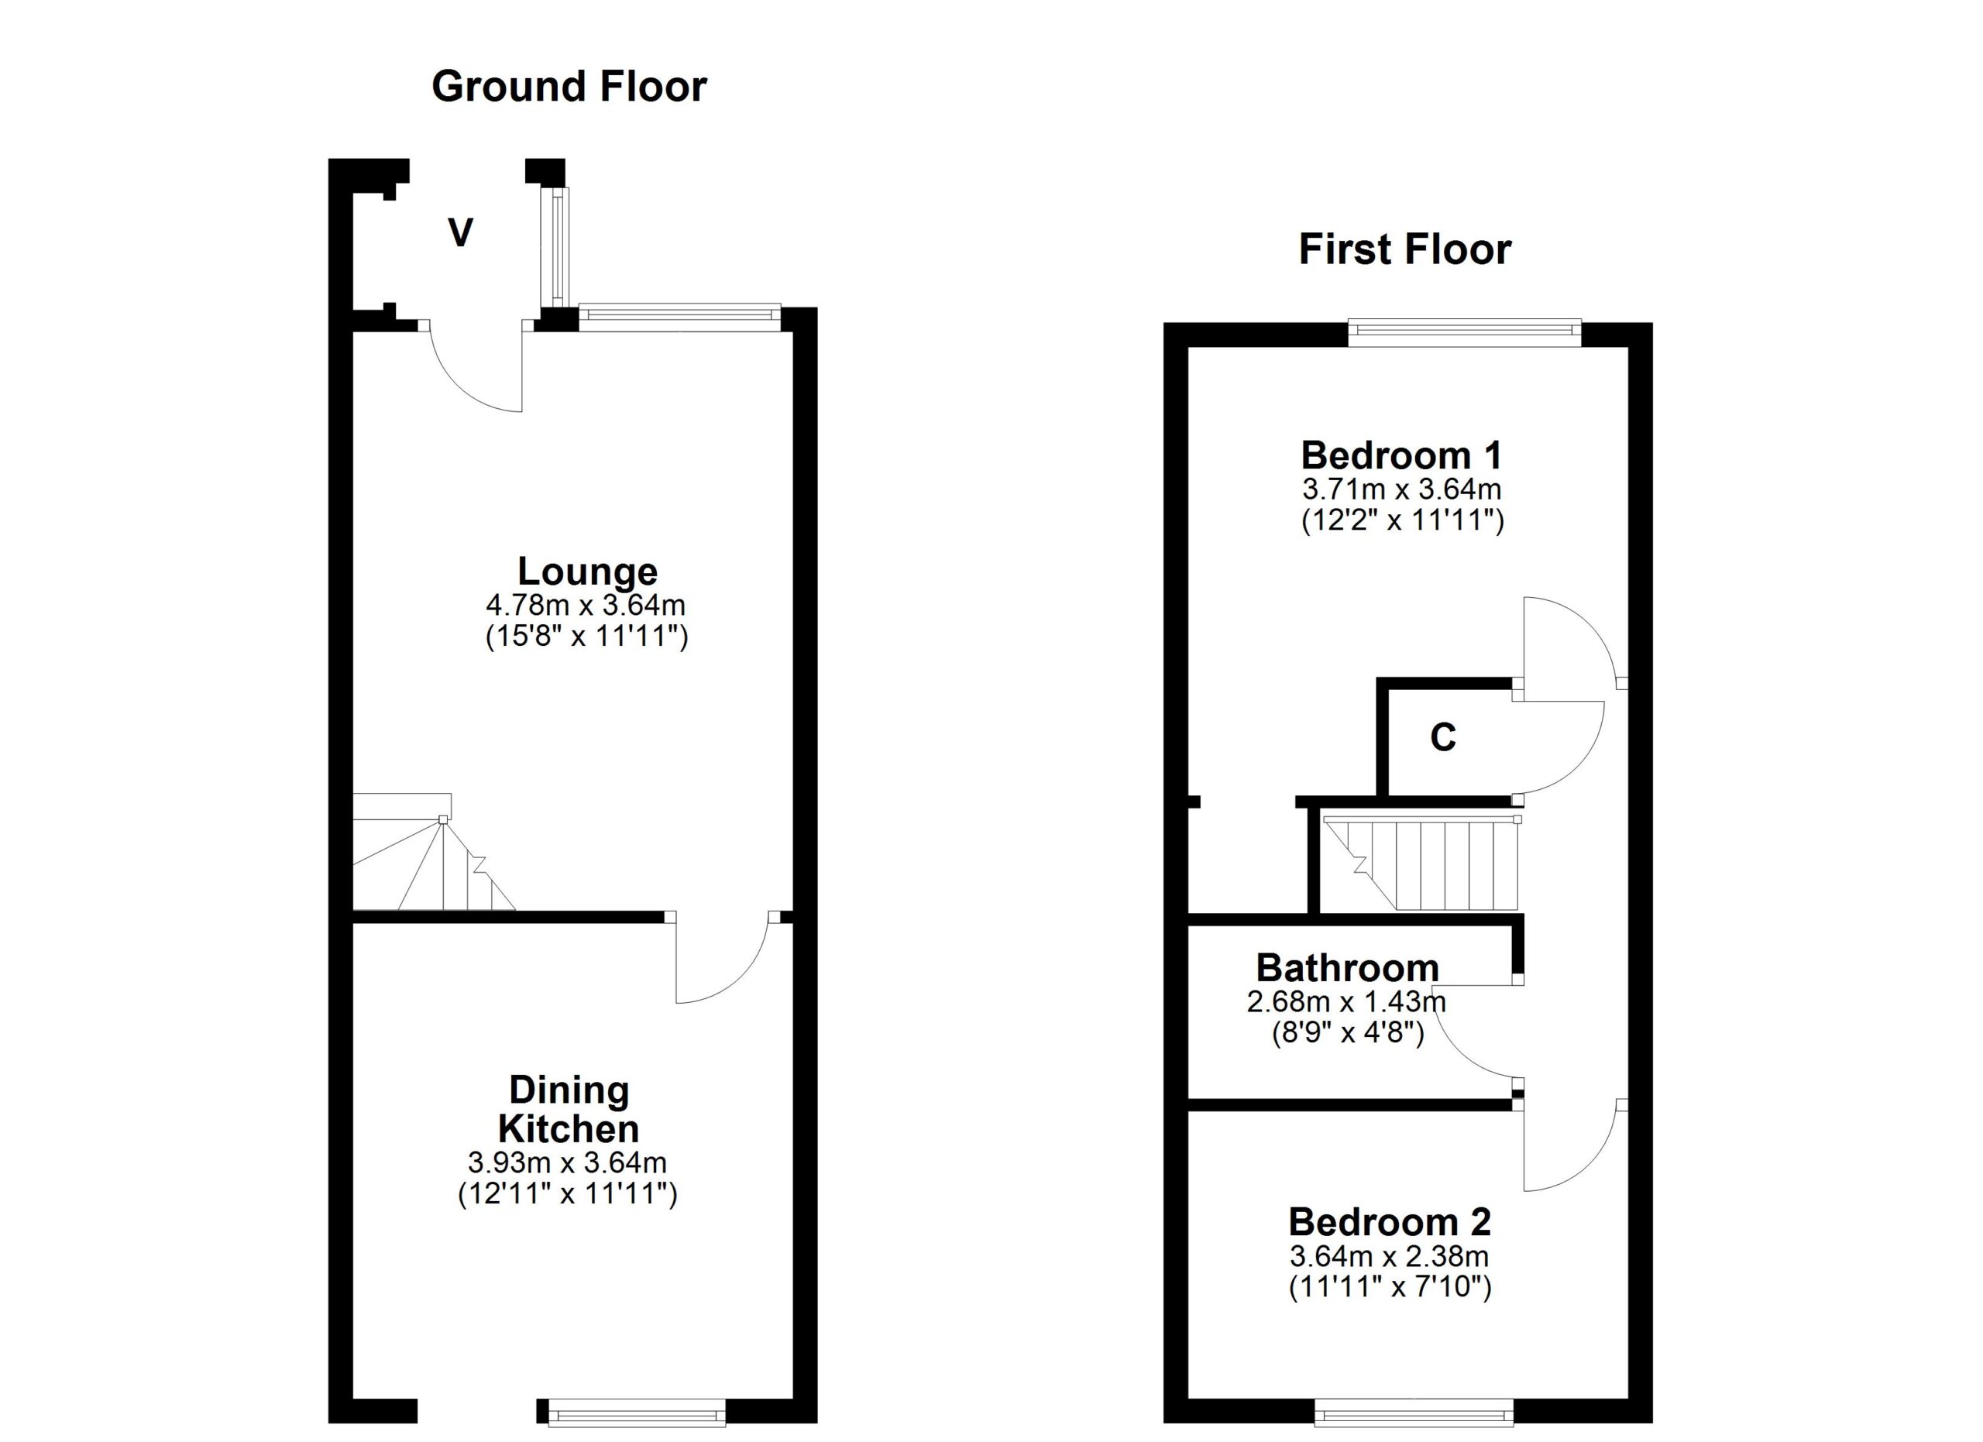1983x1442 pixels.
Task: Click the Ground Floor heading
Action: (x=569, y=88)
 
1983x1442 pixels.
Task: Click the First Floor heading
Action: (x=1404, y=250)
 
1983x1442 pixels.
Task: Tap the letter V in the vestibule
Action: (x=461, y=233)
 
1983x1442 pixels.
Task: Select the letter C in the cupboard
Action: (x=1442, y=737)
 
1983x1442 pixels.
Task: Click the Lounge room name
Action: (x=588, y=572)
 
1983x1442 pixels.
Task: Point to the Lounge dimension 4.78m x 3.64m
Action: (x=586, y=605)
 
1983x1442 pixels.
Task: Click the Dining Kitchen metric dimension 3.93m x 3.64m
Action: (x=568, y=1162)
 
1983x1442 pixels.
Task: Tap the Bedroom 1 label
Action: (x=1401, y=455)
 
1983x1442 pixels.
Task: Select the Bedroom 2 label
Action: (x=1390, y=1222)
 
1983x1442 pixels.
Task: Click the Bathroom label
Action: (x=1347, y=968)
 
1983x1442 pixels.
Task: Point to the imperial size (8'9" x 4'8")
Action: (x=1347, y=1033)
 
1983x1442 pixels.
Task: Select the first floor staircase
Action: (x=1421, y=862)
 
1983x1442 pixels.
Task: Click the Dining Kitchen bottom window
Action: (x=636, y=1413)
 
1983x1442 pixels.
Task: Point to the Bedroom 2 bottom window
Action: (x=1414, y=1413)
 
